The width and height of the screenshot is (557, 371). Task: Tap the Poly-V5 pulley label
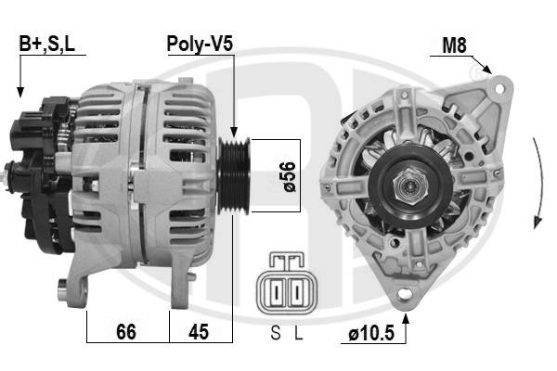199,44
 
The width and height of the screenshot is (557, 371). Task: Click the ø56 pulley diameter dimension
289,175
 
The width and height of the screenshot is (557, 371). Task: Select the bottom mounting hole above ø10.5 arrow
404,295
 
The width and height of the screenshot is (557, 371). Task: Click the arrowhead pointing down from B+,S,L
19,92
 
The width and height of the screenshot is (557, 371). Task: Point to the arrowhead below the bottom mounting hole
404,314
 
